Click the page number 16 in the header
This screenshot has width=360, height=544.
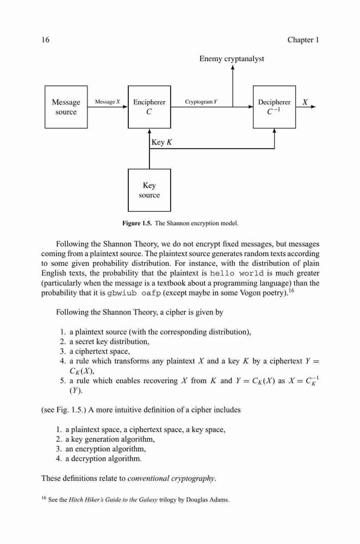tap(46, 40)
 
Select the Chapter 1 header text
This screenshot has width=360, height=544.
tap(303, 40)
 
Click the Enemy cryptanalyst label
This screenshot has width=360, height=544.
tap(232, 59)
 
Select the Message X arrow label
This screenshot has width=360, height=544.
tap(108, 102)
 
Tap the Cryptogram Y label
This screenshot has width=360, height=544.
tap(201, 102)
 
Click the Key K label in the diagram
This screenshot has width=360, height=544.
tap(162, 142)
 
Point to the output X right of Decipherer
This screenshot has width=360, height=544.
tap(305, 102)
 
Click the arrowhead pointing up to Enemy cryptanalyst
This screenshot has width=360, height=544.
tap(233, 67)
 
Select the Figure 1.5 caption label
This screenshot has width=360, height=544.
tap(137, 223)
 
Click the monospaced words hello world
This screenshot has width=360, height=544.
tap(237, 274)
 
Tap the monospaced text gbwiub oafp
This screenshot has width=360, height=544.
tap(134, 293)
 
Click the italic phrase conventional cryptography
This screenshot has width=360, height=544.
tap(172, 478)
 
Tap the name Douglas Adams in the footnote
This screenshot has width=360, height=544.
tap(208, 500)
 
